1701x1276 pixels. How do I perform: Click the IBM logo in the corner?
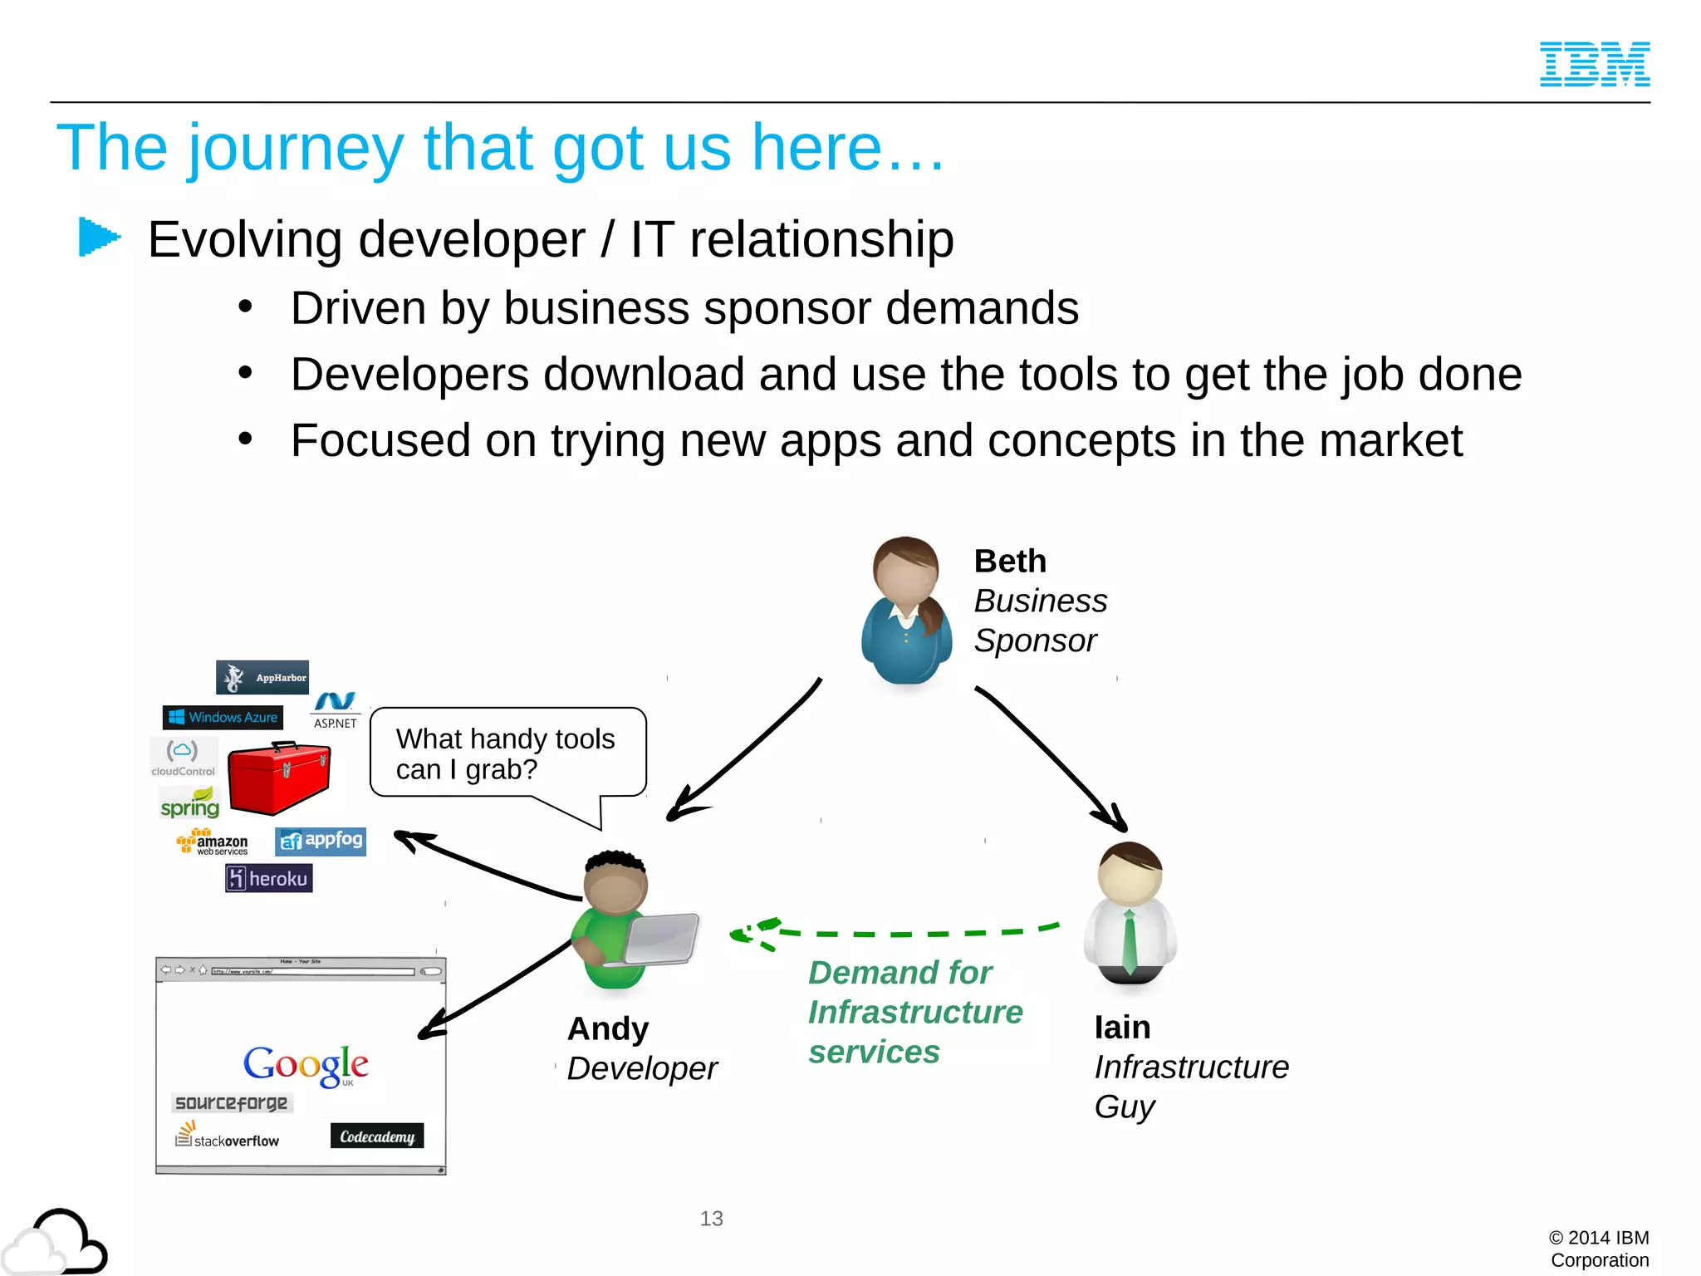click(1594, 64)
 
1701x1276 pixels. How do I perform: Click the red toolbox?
click(279, 778)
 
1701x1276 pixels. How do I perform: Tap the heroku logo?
click(268, 878)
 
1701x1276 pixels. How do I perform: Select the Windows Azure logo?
click(223, 717)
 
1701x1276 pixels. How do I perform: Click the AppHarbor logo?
click(262, 677)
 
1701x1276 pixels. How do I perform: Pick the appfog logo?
click(321, 841)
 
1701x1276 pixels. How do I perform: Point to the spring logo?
click(190, 804)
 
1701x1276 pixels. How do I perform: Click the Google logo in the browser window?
click(306, 1065)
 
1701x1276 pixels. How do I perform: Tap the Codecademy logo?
click(377, 1136)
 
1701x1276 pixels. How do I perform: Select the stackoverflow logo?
click(228, 1136)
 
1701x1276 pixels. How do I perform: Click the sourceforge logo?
click(232, 1102)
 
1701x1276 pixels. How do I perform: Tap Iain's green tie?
click(1129, 942)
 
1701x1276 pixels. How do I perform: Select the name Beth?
click(1010, 562)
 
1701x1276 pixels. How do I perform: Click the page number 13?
click(711, 1219)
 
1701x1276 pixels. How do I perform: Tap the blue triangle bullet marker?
click(99, 237)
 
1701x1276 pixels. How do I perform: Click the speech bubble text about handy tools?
click(505, 753)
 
